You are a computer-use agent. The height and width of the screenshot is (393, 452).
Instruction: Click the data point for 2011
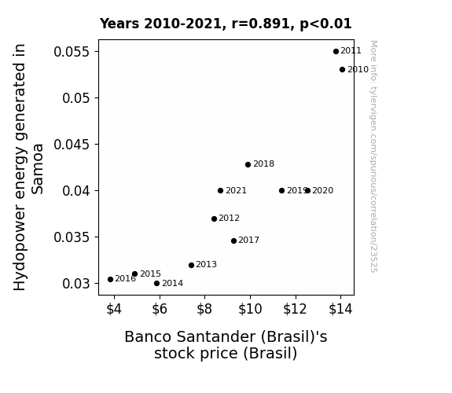(336, 52)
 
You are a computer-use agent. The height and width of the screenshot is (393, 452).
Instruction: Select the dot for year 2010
(342, 69)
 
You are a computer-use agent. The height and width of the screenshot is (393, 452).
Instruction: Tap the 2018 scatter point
(248, 164)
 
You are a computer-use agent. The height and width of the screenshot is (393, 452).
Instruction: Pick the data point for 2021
(221, 190)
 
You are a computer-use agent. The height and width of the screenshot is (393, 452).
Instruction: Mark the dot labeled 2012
(214, 219)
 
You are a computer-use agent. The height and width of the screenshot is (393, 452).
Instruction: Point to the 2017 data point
(233, 241)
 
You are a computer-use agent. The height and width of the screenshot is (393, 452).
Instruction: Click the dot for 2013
(191, 265)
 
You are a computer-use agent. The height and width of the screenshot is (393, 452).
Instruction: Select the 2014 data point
(156, 284)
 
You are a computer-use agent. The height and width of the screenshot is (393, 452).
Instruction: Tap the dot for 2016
(110, 279)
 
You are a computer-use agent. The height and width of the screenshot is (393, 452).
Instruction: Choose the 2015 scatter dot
(134, 274)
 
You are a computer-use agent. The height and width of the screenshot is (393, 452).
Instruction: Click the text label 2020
(323, 190)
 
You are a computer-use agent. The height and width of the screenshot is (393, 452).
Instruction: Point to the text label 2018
(264, 163)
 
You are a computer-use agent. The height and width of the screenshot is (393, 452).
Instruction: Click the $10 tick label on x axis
(250, 309)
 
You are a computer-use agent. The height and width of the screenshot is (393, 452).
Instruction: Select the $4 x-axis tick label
(114, 309)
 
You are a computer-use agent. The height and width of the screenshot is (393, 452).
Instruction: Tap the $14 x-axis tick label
(340, 309)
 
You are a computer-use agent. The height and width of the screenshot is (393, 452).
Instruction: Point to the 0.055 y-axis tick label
(72, 52)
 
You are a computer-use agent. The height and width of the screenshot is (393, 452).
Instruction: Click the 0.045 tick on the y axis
(72, 145)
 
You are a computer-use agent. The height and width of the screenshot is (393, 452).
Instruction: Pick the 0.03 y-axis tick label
(76, 284)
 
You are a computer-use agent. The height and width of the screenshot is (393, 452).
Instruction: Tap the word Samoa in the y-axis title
(38, 169)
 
